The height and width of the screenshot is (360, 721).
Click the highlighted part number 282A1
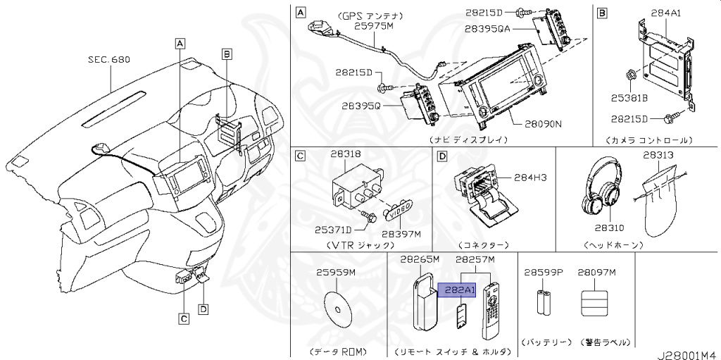pos(457,290)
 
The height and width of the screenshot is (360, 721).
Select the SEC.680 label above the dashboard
pos(109,61)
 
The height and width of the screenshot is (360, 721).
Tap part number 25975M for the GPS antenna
pos(373,25)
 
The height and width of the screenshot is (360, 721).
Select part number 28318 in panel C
pos(346,153)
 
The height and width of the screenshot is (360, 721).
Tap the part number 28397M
pos(401,233)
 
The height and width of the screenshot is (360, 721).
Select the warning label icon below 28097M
pos(594,304)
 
